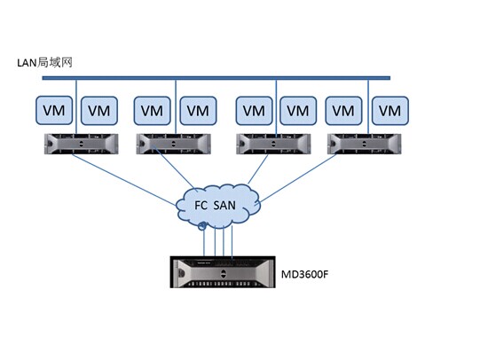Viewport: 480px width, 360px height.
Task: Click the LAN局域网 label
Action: point(44,63)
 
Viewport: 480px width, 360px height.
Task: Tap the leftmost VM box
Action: point(54,111)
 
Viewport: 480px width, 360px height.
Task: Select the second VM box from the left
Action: point(99,111)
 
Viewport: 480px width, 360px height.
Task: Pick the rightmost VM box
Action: point(390,111)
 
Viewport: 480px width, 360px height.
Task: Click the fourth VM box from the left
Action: point(198,111)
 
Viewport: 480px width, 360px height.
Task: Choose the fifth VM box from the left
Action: point(254,111)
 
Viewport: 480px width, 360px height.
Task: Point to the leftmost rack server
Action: point(81,144)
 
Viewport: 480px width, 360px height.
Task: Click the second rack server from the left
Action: point(173,144)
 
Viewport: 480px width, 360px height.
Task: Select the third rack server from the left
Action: point(273,144)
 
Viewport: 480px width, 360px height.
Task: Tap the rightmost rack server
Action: point(365,144)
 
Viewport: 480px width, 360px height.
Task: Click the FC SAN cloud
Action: point(218,205)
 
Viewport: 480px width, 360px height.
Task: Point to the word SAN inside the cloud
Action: point(224,205)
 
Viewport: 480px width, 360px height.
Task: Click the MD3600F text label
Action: point(304,274)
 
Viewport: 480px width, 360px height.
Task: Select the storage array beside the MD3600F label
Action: point(223,272)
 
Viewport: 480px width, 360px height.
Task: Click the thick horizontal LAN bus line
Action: point(216,78)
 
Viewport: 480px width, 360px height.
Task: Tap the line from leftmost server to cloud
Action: point(124,179)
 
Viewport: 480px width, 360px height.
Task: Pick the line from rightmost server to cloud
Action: point(297,178)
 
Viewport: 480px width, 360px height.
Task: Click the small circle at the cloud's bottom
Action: point(202,226)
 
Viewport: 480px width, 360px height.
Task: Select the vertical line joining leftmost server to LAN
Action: point(76,106)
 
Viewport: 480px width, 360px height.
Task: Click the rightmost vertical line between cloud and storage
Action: point(232,242)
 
